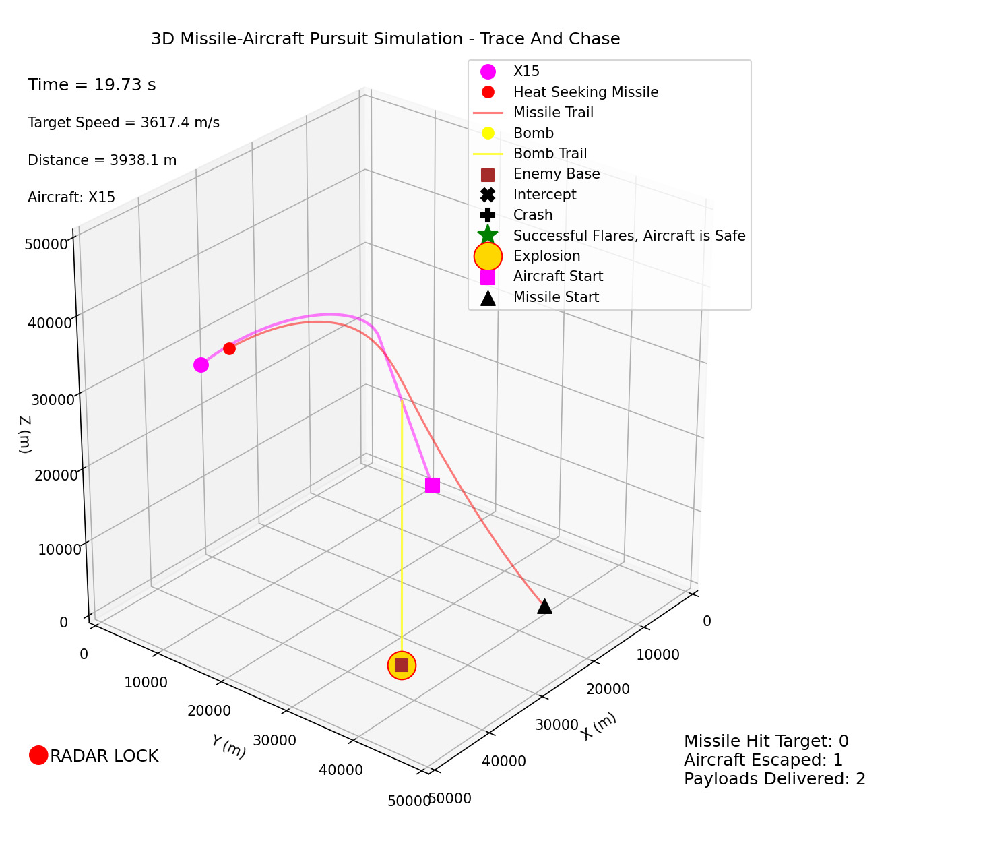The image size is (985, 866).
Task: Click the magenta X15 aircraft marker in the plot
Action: tap(201, 365)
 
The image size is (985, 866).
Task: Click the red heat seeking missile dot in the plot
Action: tap(229, 348)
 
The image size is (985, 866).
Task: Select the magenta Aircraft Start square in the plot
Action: tap(433, 485)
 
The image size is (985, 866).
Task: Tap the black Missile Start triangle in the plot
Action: tap(544, 607)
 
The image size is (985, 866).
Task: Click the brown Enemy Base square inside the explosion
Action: tap(402, 665)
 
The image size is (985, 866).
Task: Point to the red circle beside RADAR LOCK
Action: tap(38, 755)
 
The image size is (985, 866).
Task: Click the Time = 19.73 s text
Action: tap(92, 85)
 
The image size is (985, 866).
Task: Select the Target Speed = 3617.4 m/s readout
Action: tap(123, 123)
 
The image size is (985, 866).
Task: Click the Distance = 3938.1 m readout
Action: tap(102, 160)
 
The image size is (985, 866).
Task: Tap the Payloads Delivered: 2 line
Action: tap(774, 779)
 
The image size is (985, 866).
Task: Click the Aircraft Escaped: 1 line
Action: tap(763, 760)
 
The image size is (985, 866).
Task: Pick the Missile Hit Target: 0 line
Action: tap(766, 741)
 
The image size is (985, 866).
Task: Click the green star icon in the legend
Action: tap(488, 235)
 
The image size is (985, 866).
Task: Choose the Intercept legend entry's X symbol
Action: tap(488, 195)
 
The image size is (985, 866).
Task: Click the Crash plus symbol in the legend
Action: tap(488, 215)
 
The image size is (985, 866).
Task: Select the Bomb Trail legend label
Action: tap(550, 154)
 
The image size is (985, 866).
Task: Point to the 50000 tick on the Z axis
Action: tap(47, 243)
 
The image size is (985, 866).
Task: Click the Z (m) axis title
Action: tap(25, 433)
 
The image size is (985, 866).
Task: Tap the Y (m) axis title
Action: tap(228, 746)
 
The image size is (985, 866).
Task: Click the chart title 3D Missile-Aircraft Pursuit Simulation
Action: tap(385, 39)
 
